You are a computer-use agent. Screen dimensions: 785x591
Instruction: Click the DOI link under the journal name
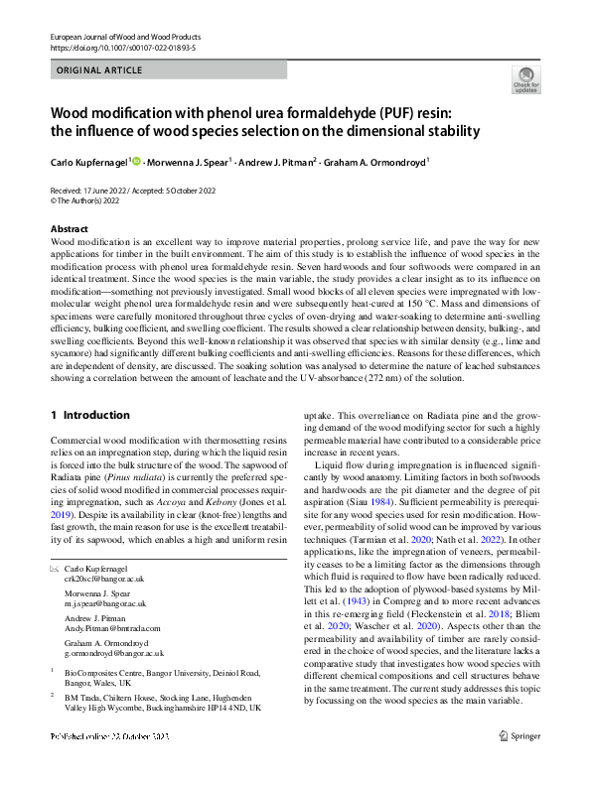coord(124,47)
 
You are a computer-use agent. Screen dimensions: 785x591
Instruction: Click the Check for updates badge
coord(525,80)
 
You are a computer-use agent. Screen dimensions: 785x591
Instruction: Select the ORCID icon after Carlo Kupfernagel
coord(137,159)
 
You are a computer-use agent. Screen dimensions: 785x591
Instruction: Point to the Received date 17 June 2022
coord(97,190)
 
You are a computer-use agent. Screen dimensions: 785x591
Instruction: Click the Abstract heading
coord(70,229)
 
